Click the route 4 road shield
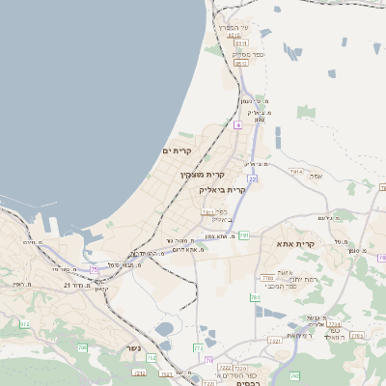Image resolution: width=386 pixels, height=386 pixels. pyautogui.click(x=237, y=124)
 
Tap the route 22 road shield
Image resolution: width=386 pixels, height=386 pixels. pyautogui.click(x=252, y=179)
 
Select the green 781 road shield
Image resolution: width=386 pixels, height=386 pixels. pyautogui.click(x=245, y=234)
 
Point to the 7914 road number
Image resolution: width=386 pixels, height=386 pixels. pyautogui.click(x=295, y=171)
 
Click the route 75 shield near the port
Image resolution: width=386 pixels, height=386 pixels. pyautogui.click(x=95, y=269)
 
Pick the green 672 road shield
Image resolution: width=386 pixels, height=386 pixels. pyautogui.click(x=24, y=324)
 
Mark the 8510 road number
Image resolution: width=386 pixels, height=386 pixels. pyautogui.click(x=242, y=43)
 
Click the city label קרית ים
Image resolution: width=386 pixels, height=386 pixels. pyautogui.click(x=178, y=151)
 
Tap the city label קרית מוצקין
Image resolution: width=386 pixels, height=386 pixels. pyautogui.click(x=203, y=175)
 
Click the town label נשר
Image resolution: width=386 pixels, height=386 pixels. pyautogui.click(x=133, y=348)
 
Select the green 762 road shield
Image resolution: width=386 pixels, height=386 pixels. pyautogui.click(x=357, y=335)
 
